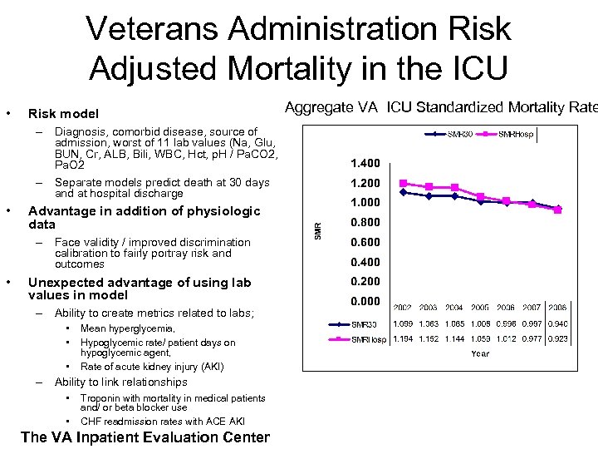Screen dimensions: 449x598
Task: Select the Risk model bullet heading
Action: click(x=63, y=113)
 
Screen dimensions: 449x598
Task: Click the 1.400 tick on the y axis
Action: click(x=365, y=163)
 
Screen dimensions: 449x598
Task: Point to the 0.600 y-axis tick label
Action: click(x=365, y=242)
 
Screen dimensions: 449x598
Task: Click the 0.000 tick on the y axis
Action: click(x=365, y=301)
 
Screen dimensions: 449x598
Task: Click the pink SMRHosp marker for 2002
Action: click(x=403, y=183)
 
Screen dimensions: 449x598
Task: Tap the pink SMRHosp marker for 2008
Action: click(x=557, y=210)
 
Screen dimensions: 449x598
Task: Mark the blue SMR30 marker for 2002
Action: click(x=403, y=192)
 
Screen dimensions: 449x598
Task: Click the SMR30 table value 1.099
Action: click(x=403, y=324)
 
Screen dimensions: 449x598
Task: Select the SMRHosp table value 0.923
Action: click(x=557, y=339)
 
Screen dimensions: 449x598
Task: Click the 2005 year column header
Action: click(x=480, y=308)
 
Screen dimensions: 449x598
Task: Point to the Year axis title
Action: click(x=480, y=353)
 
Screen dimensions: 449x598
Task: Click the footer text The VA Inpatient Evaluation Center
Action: click(x=145, y=437)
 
